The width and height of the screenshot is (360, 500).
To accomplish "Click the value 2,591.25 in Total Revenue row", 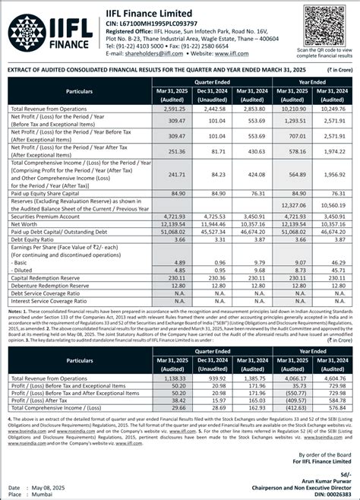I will (x=171, y=109).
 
